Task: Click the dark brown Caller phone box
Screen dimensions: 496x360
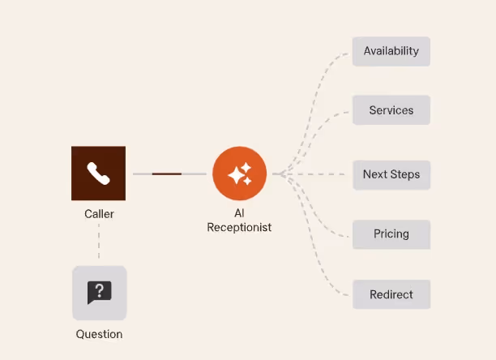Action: pyautogui.click(x=98, y=173)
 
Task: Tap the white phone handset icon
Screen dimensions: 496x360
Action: pyautogui.click(x=98, y=174)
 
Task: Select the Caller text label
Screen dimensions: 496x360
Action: pyautogui.click(x=99, y=214)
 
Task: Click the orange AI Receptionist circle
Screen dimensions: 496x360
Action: pyautogui.click(x=239, y=174)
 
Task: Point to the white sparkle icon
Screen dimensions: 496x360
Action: pyautogui.click(x=239, y=174)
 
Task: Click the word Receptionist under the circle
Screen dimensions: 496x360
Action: pyautogui.click(x=239, y=228)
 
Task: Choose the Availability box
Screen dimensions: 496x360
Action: pyautogui.click(x=391, y=51)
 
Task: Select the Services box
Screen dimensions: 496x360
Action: pyautogui.click(x=391, y=110)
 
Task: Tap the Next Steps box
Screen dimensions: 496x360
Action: pyautogui.click(x=391, y=174)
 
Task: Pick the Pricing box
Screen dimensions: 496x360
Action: pyautogui.click(x=391, y=234)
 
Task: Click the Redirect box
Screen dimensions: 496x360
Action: pyautogui.click(x=391, y=294)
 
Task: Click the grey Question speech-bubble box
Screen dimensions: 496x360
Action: pyautogui.click(x=99, y=293)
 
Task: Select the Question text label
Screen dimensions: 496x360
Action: pyautogui.click(x=99, y=334)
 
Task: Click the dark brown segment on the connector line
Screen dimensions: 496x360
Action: pyautogui.click(x=167, y=174)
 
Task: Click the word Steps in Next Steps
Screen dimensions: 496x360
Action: pyautogui.click(x=404, y=174)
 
